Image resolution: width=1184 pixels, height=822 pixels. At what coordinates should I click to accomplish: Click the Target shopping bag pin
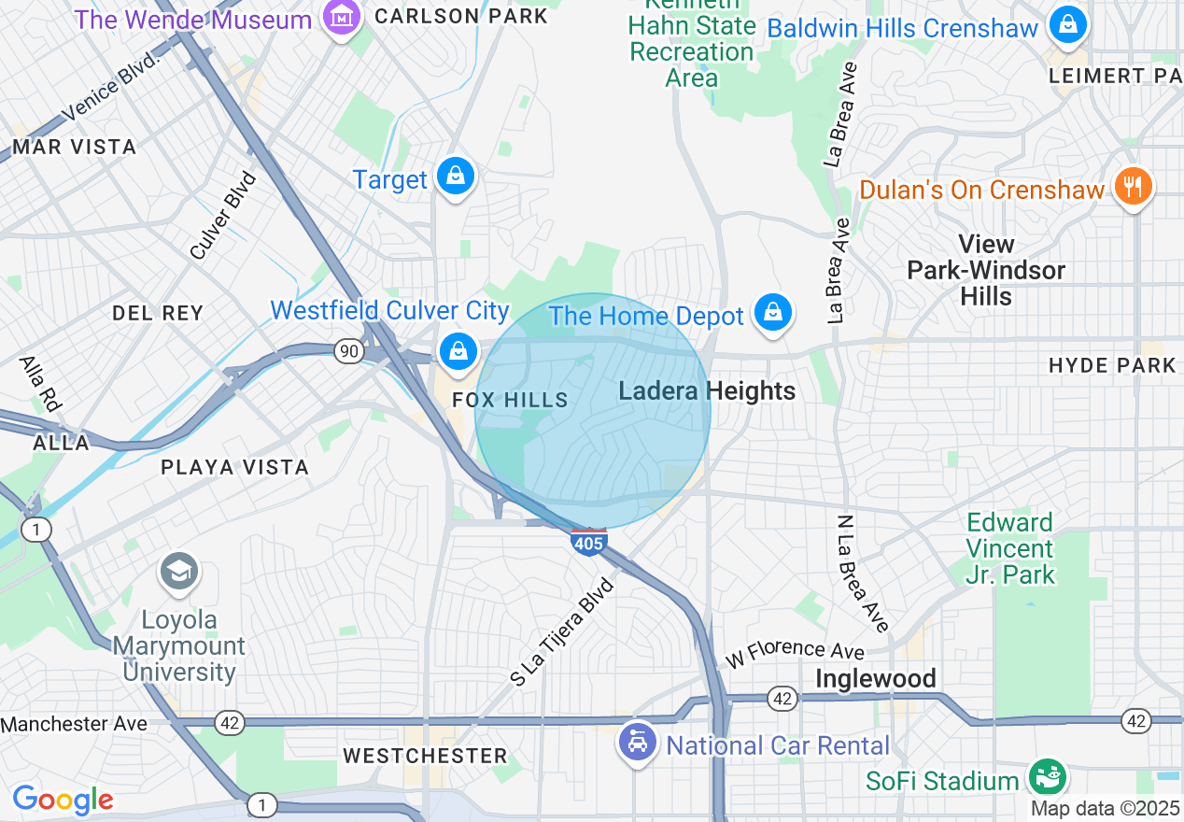(x=456, y=176)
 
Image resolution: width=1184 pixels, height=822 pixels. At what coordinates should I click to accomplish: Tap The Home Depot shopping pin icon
(x=772, y=313)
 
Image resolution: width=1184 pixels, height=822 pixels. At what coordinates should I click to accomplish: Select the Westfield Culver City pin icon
(x=458, y=352)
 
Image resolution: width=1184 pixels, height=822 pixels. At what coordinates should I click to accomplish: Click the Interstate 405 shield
(x=589, y=541)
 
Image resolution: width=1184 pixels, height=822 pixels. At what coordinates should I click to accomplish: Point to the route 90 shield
(x=349, y=351)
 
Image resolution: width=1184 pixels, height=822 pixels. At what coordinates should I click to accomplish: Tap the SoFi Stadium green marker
(x=1048, y=777)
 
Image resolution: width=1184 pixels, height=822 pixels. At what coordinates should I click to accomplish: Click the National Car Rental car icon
(x=638, y=744)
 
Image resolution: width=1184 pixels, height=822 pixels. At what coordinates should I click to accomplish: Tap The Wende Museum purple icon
(x=342, y=16)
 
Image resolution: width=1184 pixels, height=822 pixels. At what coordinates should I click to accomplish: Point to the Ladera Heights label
(x=707, y=391)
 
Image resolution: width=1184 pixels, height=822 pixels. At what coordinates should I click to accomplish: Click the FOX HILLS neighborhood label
(x=510, y=400)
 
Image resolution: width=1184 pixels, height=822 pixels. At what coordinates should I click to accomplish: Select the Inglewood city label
(x=876, y=679)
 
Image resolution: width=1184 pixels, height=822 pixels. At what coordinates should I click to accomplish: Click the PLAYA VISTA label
(x=234, y=467)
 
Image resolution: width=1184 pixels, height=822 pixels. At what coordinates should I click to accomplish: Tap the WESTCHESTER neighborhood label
(x=425, y=756)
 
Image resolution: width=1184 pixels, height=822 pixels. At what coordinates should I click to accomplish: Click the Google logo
(x=63, y=800)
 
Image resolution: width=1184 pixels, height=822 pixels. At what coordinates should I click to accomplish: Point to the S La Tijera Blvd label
(x=562, y=633)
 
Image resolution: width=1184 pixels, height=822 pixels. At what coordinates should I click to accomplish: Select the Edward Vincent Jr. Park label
(x=1009, y=548)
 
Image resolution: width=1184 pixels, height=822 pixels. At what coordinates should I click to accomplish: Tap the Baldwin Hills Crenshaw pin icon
(x=1067, y=25)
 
